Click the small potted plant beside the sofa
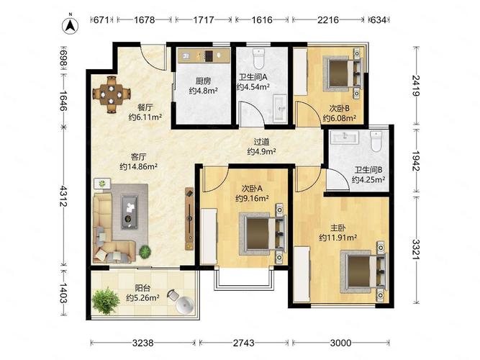(146, 251)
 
